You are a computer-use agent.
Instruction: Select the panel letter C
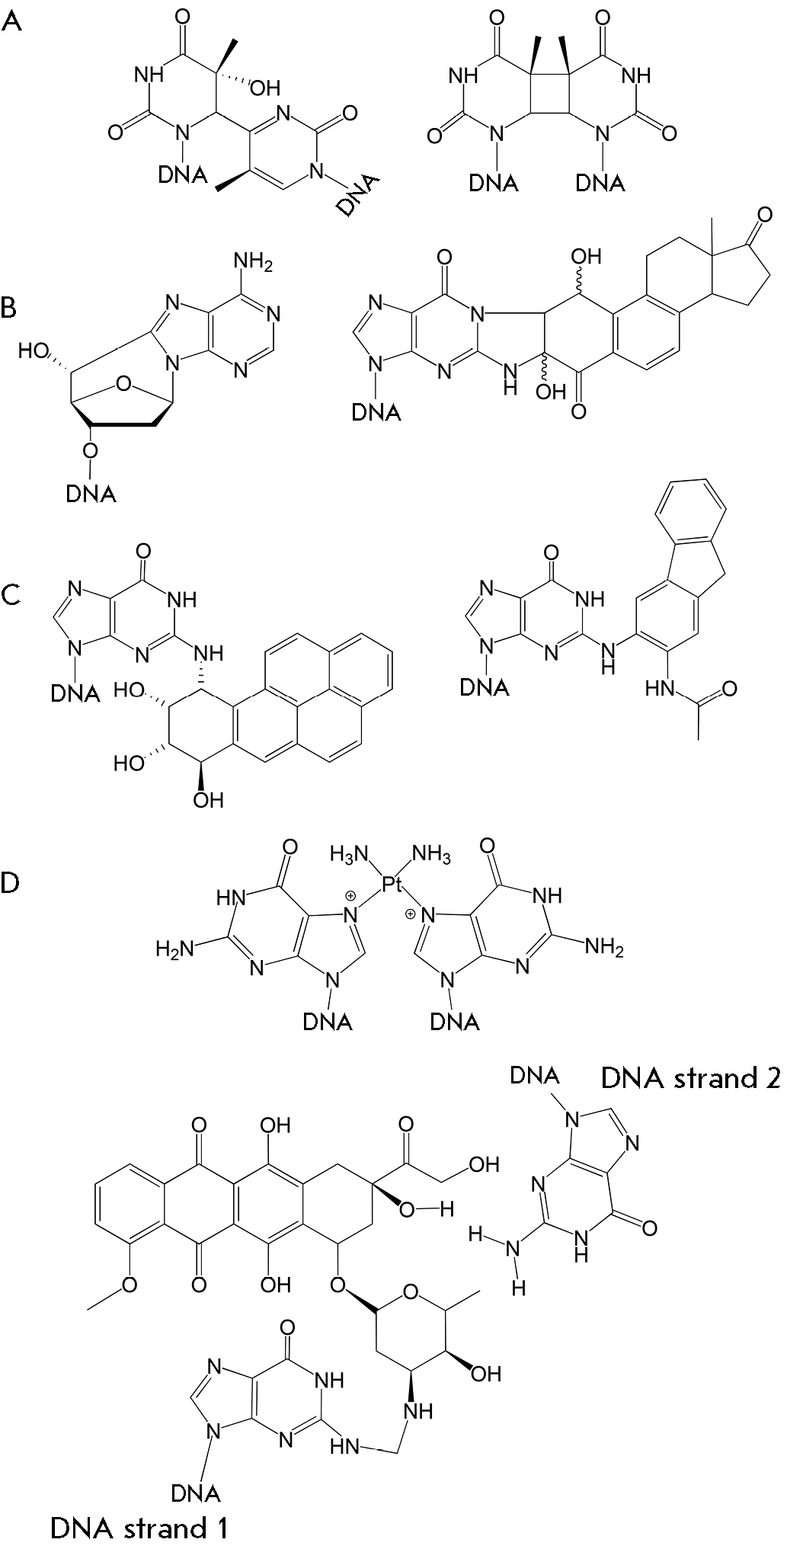pos(12,595)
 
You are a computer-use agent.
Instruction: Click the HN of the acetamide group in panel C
pos(660,690)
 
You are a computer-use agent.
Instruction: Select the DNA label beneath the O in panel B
pos(91,494)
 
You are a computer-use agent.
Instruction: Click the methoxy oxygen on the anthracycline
pos(130,1285)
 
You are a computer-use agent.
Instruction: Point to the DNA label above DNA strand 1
pos(196,1492)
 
